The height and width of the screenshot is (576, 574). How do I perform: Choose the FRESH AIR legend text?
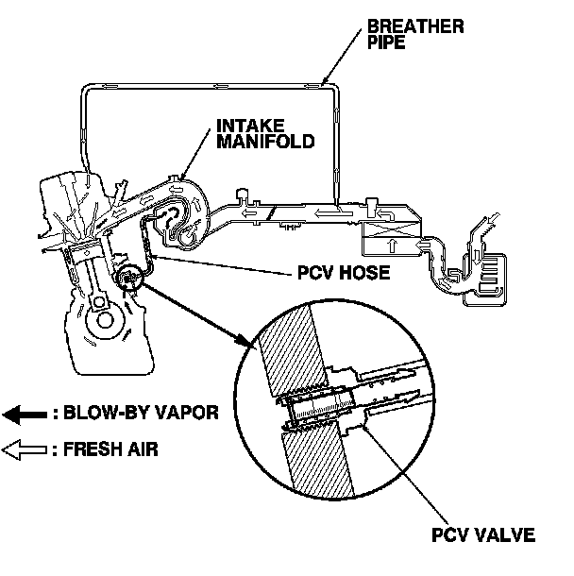[105, 450]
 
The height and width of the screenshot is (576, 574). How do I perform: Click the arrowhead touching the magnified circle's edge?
[249, 343]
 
